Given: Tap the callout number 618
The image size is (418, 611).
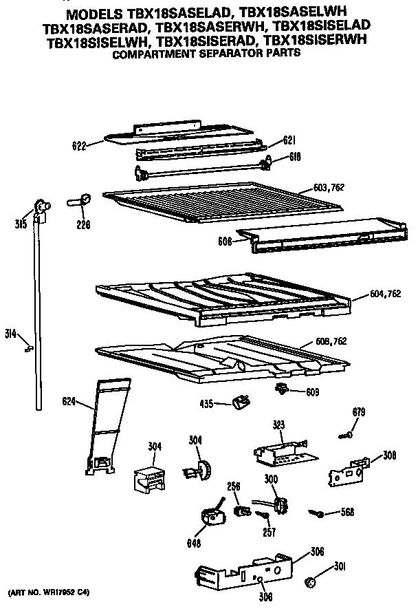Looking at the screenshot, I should [296, 157].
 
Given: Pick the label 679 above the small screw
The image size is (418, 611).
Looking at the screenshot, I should [358, 412].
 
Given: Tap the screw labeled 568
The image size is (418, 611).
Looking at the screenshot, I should [317, 513].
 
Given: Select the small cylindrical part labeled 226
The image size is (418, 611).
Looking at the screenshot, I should [80, 200].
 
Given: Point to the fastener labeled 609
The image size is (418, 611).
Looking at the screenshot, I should [281, 390].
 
